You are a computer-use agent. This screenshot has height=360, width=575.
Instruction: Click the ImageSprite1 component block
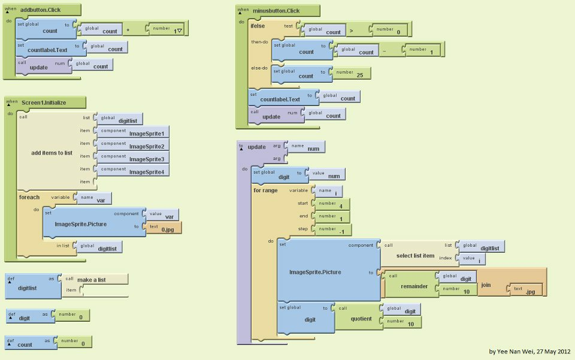click(146, 133)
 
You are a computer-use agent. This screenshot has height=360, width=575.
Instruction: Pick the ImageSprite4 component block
click(146, 172)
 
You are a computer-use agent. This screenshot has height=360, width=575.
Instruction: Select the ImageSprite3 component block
click(146, 159)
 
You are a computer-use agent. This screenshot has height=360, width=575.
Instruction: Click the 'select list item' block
click(415, 256)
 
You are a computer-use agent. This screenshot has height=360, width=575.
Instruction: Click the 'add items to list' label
click(52, 153)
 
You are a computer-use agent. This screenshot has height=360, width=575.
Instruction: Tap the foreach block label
click(29, 197)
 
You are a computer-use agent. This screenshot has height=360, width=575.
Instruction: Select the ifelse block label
click(258, 26)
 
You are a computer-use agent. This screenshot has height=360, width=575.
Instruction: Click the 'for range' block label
click(265, 190)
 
